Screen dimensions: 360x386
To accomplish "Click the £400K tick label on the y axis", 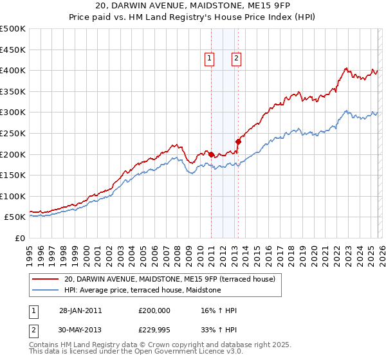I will coord(13,70).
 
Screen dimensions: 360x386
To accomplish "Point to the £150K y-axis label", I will coord(13,175).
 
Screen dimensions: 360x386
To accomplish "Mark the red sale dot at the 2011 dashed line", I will coord(211,154).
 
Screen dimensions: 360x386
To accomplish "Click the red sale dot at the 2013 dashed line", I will coord(237,141).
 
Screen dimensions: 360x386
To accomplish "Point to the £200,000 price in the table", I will coord(154,310).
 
